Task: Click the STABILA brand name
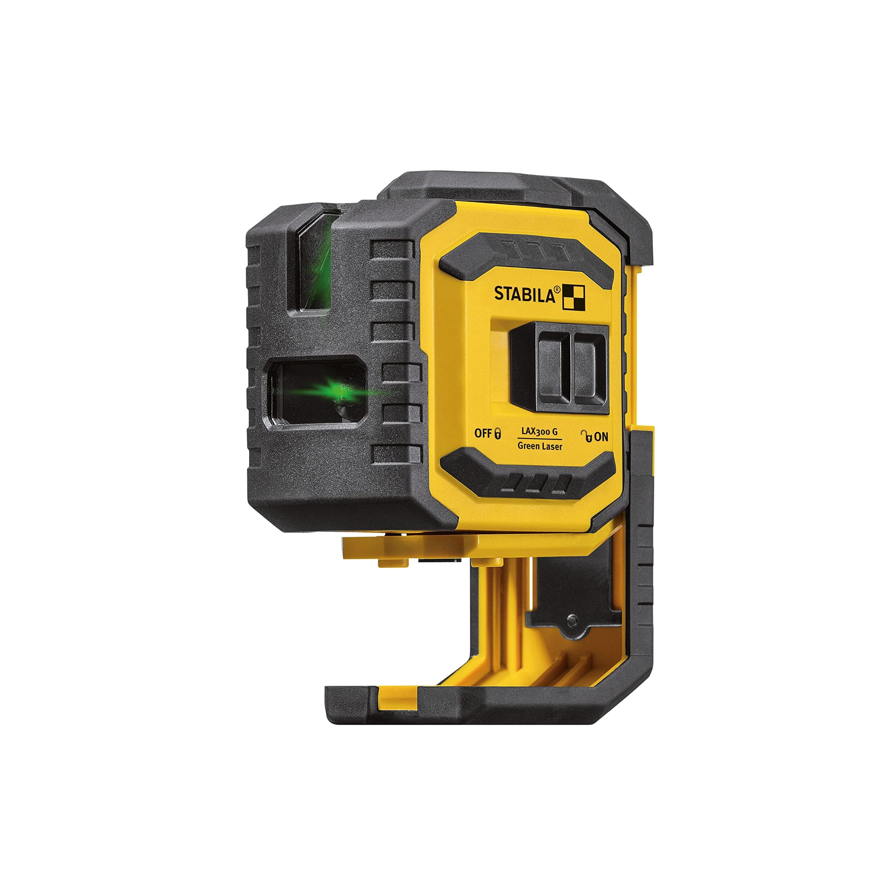[x=525, y=294]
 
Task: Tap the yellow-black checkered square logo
[x=573, y=297]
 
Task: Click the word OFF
[x=482, y=433]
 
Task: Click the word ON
[x=601, y=437]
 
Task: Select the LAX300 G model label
[x=539, y=431]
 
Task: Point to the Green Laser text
[x=539, y=446]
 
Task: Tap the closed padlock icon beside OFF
[x=497, y=433]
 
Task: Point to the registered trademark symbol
[x=557, y=289]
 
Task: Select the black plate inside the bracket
[x=572, y=590]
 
